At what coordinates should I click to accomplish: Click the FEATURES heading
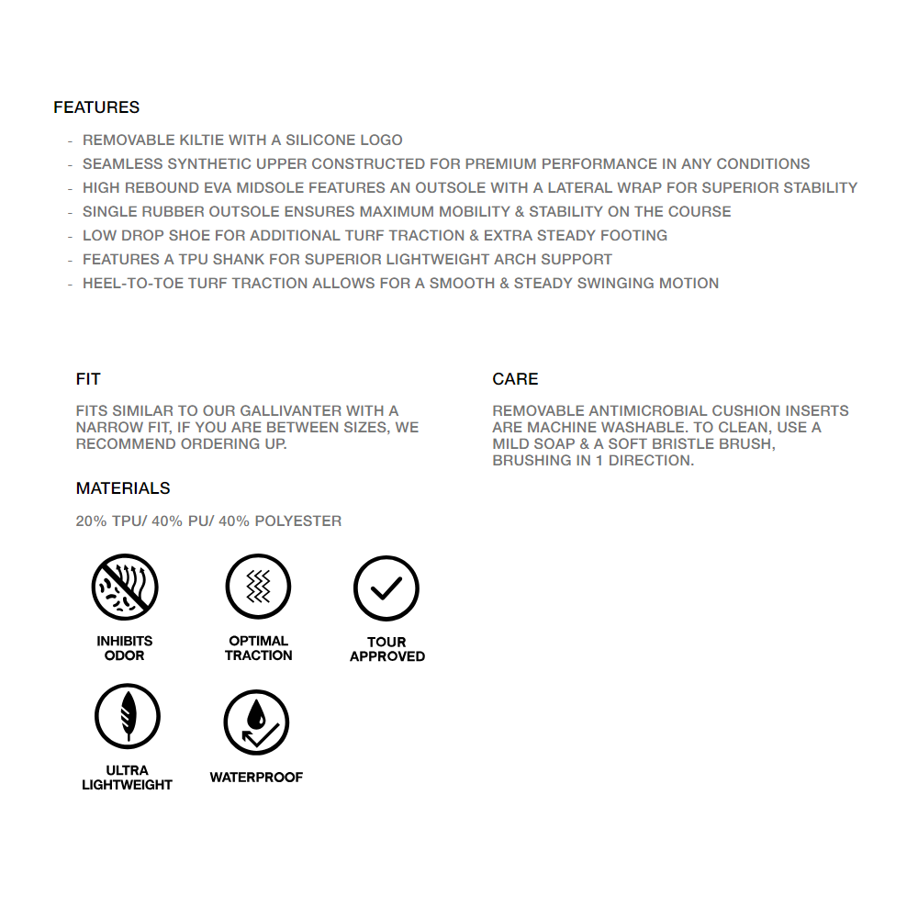(96, 107)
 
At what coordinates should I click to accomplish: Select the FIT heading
(88, 379)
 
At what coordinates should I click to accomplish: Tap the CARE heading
(515, 379)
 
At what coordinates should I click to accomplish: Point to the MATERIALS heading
(123, 488)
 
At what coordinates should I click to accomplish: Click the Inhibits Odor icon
(125, 588)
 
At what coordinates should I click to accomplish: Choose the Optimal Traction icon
(258, 588)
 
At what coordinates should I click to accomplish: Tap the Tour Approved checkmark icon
(386, 588)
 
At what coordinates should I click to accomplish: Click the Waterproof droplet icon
(257, 722)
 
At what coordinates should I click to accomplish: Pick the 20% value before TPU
(91, 521)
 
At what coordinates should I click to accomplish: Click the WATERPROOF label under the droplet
(256, 778)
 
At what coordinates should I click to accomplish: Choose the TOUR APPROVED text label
(386, 649)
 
